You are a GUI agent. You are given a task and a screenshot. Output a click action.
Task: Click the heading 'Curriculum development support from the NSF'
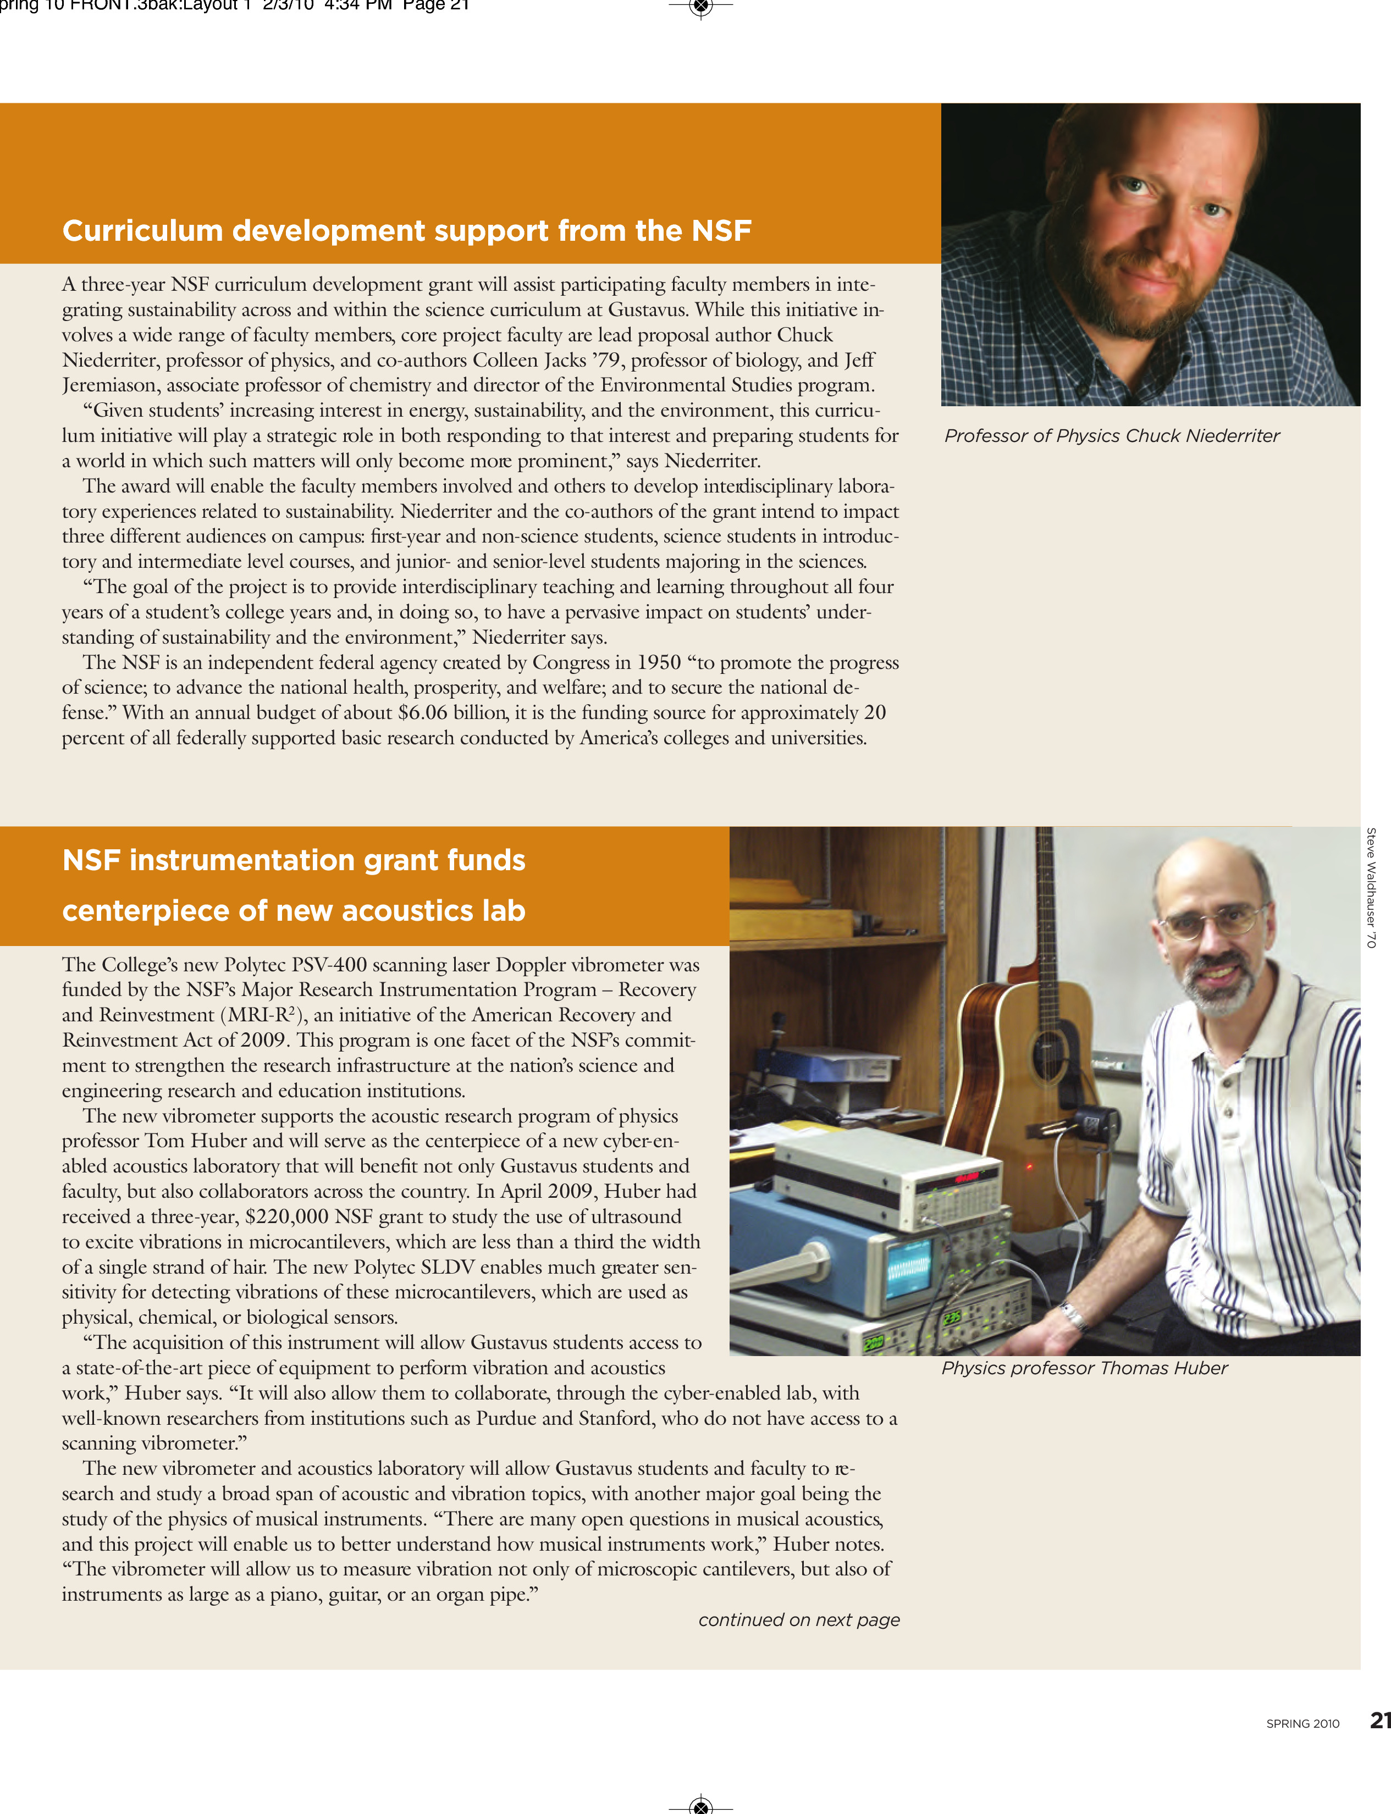(x=406, y=230)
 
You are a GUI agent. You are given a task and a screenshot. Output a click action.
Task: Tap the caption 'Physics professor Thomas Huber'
(x=1084, y=1368)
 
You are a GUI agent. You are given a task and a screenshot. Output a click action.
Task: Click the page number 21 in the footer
(x=1379, y=1721)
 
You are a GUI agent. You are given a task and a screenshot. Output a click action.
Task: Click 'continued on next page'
(x=798, y=1619)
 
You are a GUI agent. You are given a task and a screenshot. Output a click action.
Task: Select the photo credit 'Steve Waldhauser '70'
(x=1371, y=888)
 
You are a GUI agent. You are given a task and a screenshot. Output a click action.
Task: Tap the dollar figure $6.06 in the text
(x=422, y=713)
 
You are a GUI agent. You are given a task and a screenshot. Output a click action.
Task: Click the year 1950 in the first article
(x=658, y=663)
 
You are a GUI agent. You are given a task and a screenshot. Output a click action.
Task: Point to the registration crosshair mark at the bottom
(x=700, y=1806)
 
